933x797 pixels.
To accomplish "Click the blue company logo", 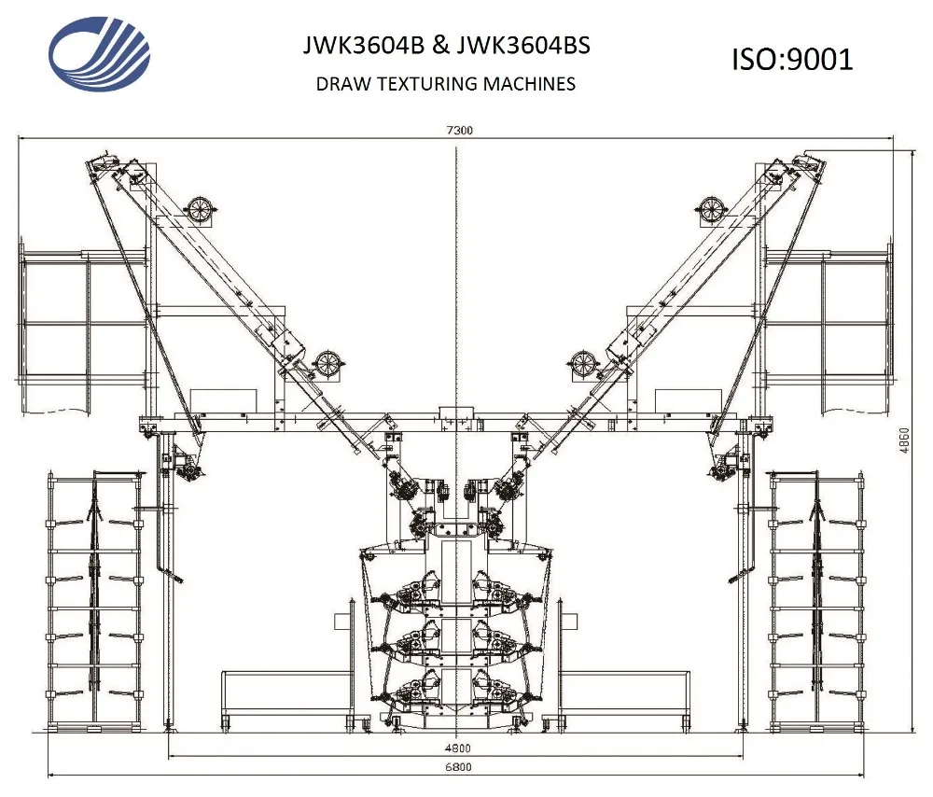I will pyautogui.click(x=99, y=54).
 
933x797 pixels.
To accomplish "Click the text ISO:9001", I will pyautogui.click(x=791, y=59).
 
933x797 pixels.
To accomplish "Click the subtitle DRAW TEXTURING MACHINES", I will pyautogui.click(x=445, y=84).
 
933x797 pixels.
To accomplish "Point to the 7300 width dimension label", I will pyautogui.click(x=458, y=131).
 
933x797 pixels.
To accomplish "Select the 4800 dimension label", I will pyautogui.click(x=457, y=748).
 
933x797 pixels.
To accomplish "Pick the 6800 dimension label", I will pyautogui.click(x=457, y=767).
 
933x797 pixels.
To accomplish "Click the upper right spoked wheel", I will pyautogui.click(x=713, y=210).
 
